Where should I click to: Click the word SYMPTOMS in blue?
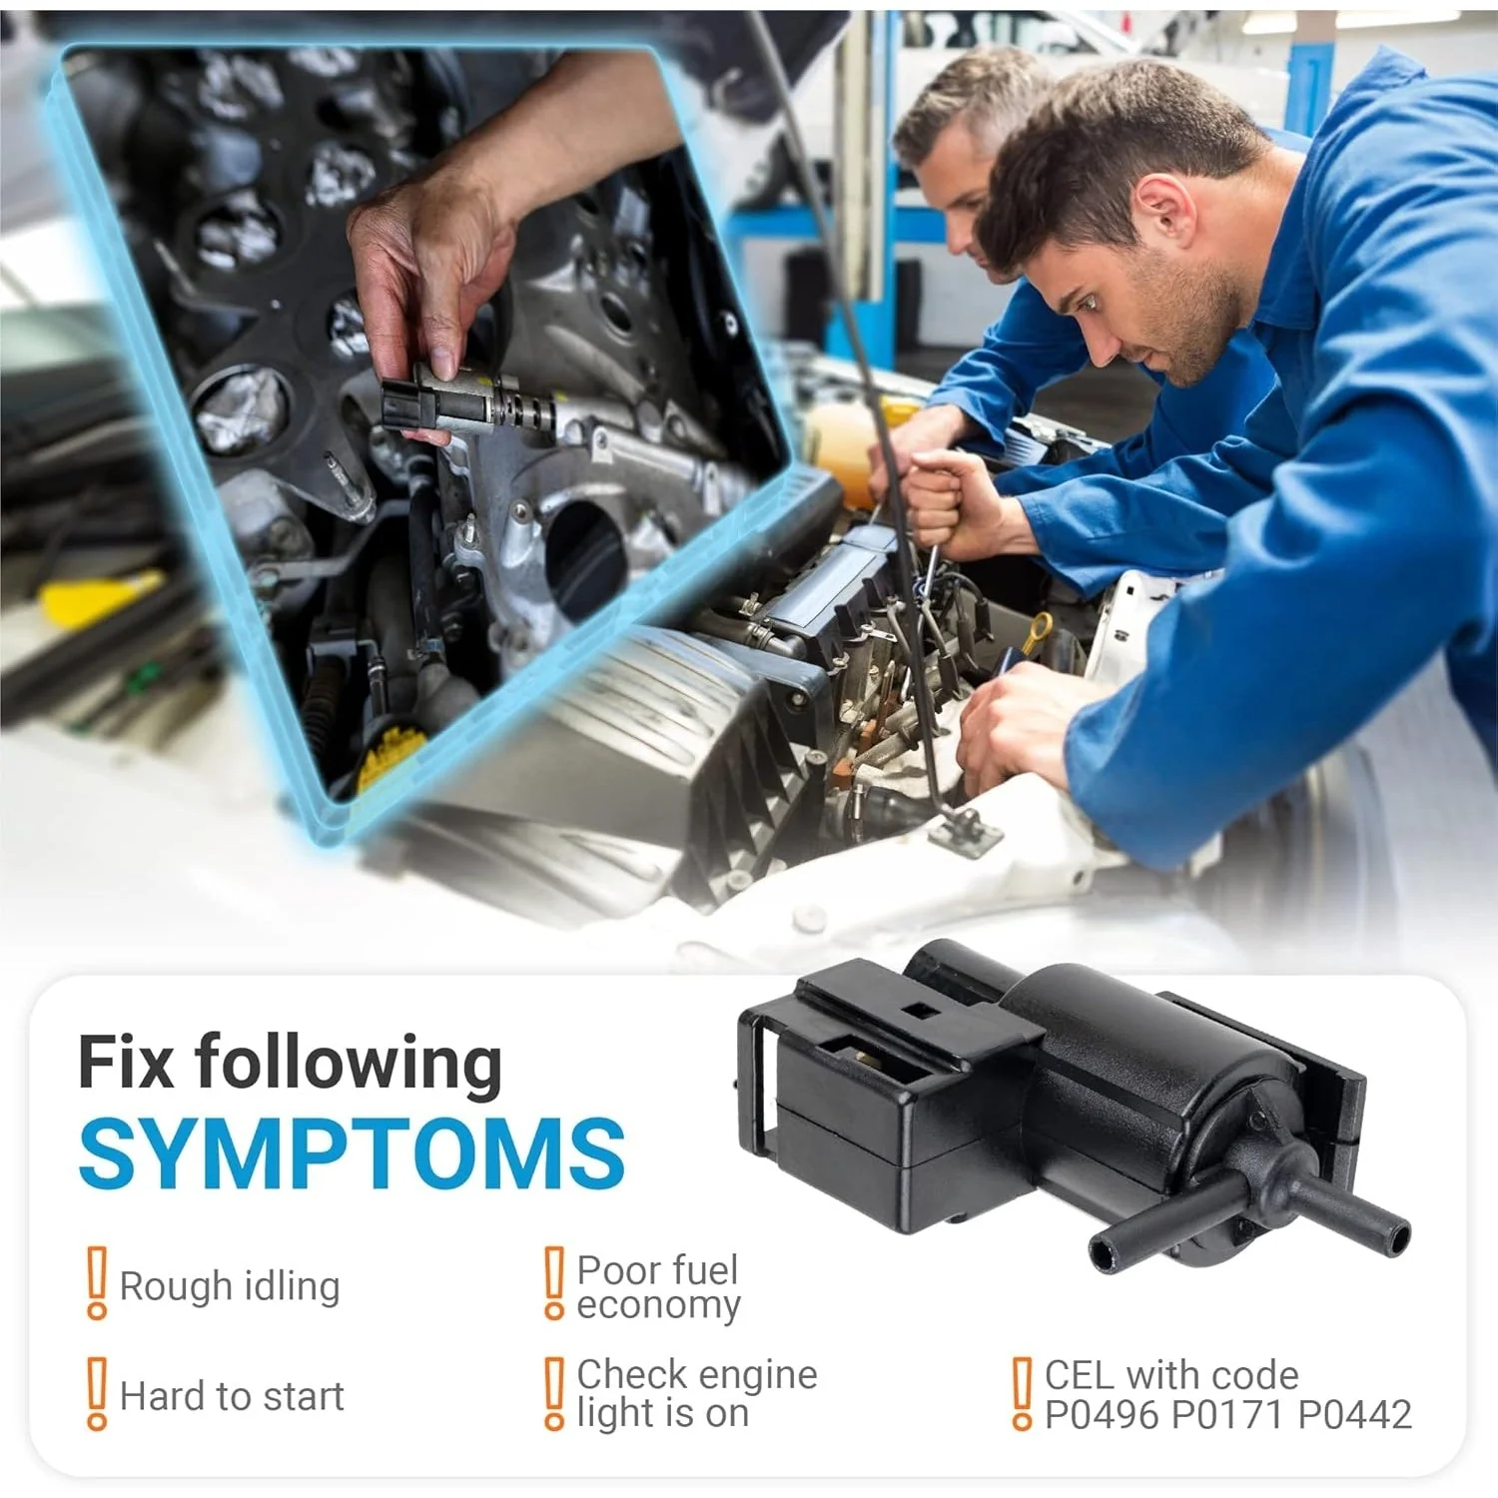[352, 1153]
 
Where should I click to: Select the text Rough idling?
[230, 1286]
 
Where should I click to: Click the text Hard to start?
[232, 1396]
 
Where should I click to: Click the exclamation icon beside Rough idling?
[97, 1283]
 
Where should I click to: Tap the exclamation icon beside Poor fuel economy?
[554, 1283]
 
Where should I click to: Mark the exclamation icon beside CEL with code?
[1022, 1393]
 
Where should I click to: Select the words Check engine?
[697, 1376]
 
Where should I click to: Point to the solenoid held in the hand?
[469, 404]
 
